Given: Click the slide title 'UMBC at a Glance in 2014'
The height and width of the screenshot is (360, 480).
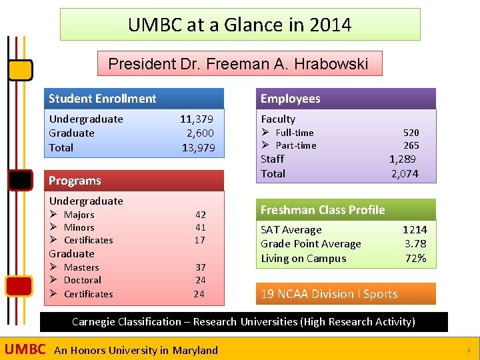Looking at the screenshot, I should point(240,25).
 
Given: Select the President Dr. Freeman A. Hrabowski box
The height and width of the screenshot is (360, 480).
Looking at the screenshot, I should point(239,64).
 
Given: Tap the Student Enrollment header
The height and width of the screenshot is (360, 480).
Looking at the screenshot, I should point(102,99).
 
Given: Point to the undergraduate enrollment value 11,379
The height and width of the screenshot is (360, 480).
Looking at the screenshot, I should point(197,119).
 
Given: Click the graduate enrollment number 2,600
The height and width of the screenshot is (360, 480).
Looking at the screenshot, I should point(200,133).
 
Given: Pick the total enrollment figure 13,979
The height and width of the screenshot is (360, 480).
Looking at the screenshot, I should point(198,148).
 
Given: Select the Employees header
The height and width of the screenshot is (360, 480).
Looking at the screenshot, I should point(290,99).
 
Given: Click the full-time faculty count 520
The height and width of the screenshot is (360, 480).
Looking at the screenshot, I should point(411,133).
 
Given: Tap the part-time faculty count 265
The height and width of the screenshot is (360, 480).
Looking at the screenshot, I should point(411,145).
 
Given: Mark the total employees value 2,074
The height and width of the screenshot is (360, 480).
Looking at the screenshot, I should point(404,174).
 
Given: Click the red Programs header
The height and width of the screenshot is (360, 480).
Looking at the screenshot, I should point(75,181).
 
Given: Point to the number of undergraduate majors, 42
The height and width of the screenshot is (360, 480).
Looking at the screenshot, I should point(200,215).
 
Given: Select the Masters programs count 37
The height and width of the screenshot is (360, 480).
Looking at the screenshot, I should point(200,267).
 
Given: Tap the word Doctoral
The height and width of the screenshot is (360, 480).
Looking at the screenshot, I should point(83,281).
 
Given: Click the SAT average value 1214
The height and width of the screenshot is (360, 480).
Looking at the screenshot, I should point(414,230).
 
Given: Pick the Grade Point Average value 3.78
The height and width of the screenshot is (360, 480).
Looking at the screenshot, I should point(415,244).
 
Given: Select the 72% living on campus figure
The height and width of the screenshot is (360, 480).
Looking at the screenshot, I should point(415,259).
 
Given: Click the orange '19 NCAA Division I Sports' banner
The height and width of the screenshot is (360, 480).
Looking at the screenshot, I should point(329,294).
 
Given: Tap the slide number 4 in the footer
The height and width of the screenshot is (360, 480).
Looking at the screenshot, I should point(469,350).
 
